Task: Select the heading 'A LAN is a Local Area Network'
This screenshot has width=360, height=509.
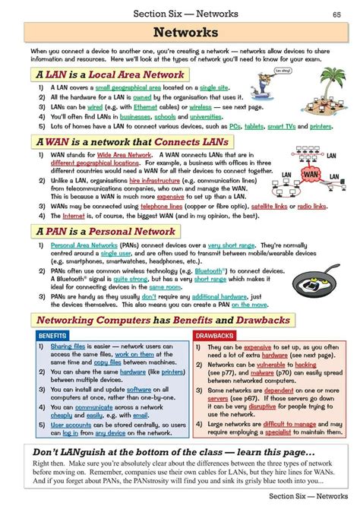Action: (109, 75)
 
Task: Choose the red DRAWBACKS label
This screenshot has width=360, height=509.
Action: (214, 335)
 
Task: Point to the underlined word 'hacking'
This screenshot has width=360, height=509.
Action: (306, 365)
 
